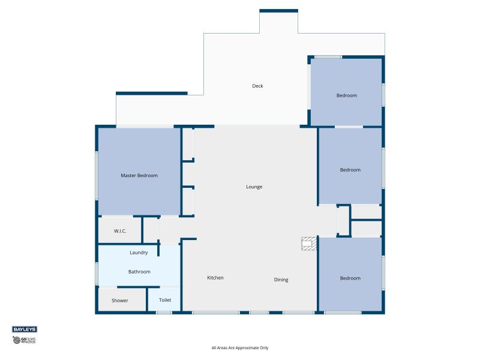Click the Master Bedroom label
pos(139,175)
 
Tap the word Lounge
pos(254,187)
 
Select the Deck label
pos(257,86)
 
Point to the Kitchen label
pos(215,278)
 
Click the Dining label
pos(281,280)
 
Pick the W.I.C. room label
pos(120,231)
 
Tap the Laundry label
pos(139,253)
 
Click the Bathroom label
pos(139,272)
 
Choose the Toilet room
pos(164,299)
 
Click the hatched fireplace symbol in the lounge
pos(309,244)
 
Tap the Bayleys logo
pos(25,329)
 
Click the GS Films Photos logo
pos(24,340)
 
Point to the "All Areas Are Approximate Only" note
pos(240,348)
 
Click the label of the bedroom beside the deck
pos(347,95)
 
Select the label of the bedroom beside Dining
pos(350,278)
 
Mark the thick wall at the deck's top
pos(278,11)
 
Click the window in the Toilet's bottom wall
pos(164,313)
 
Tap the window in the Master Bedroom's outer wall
pos(97,176)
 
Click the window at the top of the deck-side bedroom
pos(328,57)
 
